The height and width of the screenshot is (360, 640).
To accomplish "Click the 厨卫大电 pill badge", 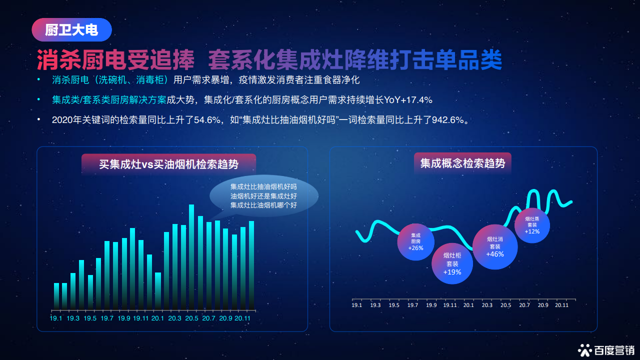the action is click(x=71, y=29).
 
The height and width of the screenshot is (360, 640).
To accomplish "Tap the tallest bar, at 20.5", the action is click(x=191, y=257).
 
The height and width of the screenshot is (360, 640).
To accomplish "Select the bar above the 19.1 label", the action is click(x=56, y=296).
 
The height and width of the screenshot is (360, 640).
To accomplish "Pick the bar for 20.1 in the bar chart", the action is click(x=158, y=291).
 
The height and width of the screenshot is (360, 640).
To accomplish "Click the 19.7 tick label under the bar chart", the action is click(x=107, y=318).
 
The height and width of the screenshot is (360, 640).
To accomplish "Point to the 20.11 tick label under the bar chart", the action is click(x=242, y=318).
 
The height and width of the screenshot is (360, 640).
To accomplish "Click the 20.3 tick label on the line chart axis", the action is click(x=487, y=305).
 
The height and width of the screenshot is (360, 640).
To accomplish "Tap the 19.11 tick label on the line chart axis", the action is click(x=450, y=305).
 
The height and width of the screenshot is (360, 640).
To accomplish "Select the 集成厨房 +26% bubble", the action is click(x=415, y=242).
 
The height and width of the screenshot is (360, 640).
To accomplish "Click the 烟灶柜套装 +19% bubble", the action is click(x=452, y=263).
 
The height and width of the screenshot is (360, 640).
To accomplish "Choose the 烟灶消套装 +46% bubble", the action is click(x=495, y=247).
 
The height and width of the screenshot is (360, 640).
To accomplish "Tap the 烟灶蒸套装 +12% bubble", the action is click(x=532, y=225).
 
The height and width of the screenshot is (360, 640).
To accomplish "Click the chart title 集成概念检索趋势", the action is click(x=462, y=163).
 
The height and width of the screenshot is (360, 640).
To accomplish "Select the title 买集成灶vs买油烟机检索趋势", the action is click(x=168, y=164).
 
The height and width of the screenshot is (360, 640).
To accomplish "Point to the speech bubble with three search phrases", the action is click(x=263, y=196).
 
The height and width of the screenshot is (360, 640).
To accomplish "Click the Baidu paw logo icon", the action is click(x=585, y=350).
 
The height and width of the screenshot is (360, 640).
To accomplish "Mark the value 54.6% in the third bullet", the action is click(x=207, y=120).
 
